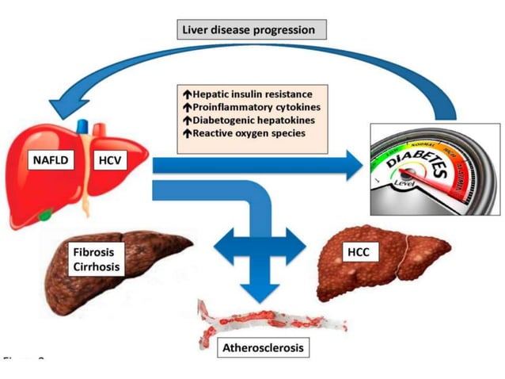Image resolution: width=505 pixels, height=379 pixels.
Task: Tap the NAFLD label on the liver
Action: [x=51, y=160]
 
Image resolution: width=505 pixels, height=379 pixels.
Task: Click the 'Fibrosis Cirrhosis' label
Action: [x=94, y=260]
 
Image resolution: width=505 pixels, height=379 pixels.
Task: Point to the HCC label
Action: [x=356, y=252]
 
